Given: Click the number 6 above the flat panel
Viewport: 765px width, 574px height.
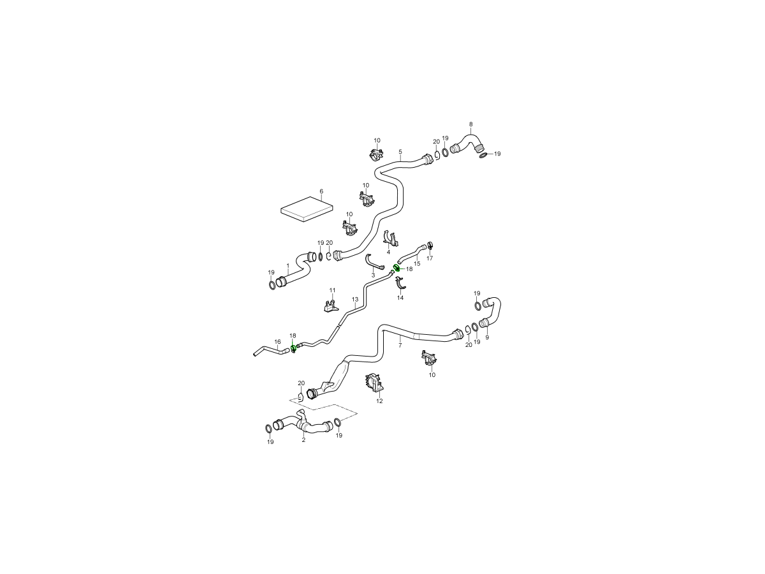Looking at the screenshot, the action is pyautogui.click(x=321, y=191).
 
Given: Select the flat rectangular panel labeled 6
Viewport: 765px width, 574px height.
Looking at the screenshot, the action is pyautogui.click(x=307, y=209).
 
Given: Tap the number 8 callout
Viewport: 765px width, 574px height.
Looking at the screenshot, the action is pyautogui.click(x=471, y=124).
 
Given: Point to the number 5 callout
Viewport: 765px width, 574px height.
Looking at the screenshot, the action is pyautogui.click(x=400, y=152).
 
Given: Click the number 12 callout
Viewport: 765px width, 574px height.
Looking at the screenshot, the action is pyautogui.click(x=379, y=401).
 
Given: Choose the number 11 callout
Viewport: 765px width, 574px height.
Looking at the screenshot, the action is pyautogui.click(x=333, y=290).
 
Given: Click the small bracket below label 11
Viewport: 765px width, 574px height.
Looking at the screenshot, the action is pyautogui.click(x=329, y=305).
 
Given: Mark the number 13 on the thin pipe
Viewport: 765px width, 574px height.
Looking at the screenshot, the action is pyautogui.click(x=355, y=299).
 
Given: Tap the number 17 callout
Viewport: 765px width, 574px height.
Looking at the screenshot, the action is pyautogui.click(x=430, y=258).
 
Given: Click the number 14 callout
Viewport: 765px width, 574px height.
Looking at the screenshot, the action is pyautogui.click(x=400, y=298).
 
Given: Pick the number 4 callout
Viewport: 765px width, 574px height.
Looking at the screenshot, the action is pyautogui.click(x=388, y=252).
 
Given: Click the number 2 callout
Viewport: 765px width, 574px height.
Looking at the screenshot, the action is pyautogui.click(x=303, y=440).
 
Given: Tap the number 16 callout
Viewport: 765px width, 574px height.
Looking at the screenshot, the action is pyautogui.click(x=277, y=342).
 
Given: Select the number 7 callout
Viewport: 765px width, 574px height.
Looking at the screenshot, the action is pyautogui.click(x=400, y=346).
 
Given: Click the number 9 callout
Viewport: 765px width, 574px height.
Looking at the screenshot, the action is pyautogui.click(x=487, y=337).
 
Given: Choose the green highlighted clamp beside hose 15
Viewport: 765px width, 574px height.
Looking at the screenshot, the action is pyautogui.click(x=397, y=268).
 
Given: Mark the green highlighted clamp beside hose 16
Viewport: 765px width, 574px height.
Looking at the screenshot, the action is pyautogui.click(x=293, y=348).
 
